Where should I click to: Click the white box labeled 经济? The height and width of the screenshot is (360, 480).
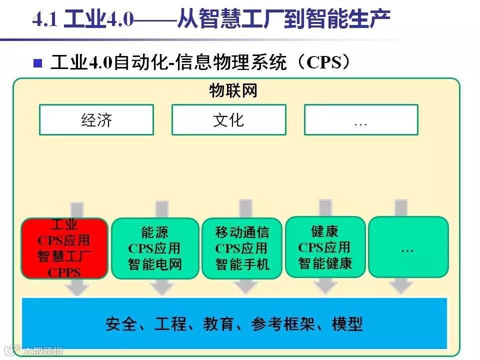tap(96, 120)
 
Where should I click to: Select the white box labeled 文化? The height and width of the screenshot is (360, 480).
tap(228, 120)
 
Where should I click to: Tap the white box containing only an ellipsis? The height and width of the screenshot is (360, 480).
tap(360, 120)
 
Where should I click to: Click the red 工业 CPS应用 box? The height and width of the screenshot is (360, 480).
tap(64, 248)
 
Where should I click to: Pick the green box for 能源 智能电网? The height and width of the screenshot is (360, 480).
tap(155, 248)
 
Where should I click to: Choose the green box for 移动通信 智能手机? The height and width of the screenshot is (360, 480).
tap(242, 248)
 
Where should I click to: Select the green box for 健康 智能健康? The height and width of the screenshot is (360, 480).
tap(325, 247)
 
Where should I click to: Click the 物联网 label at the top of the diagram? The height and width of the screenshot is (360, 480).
tap(233, 91)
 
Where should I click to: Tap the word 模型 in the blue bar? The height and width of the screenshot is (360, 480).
tap(347, 323)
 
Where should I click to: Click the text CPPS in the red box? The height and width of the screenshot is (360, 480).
tap(64, 273)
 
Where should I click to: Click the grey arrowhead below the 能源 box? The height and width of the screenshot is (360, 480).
tap(161, 288)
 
